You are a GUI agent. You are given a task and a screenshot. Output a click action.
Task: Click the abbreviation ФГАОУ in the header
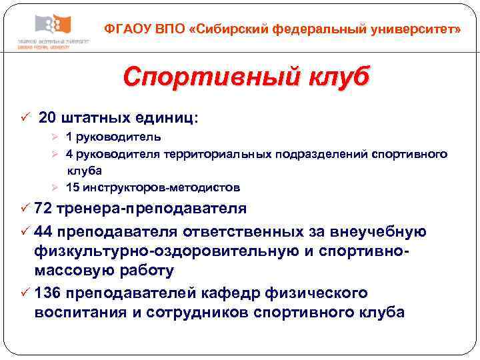[x=127, y=30]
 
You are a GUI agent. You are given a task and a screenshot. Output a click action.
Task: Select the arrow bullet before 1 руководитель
[x=57, y=137]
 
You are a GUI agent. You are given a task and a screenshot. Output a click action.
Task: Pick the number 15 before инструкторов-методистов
[x=72, y=187]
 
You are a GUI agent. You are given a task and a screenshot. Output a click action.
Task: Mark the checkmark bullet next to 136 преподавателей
[x=24, y=293]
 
